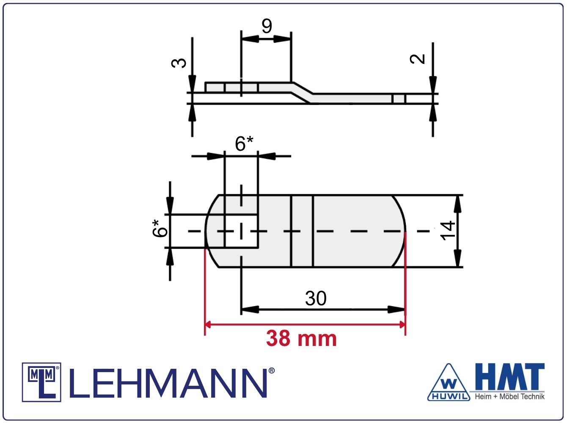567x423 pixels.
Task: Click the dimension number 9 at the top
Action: coord(267,26)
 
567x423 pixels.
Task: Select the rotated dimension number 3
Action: coord(179,63)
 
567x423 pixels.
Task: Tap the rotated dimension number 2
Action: coord(417,59)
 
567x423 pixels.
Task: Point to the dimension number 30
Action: coord(316,299)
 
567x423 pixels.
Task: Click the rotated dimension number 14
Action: coord(447,230)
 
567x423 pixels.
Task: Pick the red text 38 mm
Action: coord(301,338)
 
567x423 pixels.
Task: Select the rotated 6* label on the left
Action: coord(160,228)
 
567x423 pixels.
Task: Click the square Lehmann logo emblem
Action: coord(41,382)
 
